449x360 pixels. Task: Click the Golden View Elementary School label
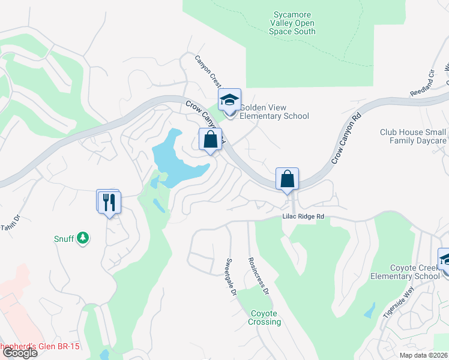pyautogui.click(x=274, y=112)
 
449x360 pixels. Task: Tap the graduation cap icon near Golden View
pyautogui.click(x=229, y=100)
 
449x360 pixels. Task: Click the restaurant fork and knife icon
pyautogui.click(x=109, y=202)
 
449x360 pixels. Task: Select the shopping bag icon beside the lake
pyautogui.click(x=210, y=139)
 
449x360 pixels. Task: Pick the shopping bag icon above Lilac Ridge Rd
pyautogui.click(x=288, y=179)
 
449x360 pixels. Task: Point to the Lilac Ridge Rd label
pyautogui.click(x=304, y=217)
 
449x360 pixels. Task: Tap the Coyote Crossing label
pyautogui.click(x=264, y=317)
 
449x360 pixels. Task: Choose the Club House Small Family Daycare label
pyautogui.click(x=413, y=136)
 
